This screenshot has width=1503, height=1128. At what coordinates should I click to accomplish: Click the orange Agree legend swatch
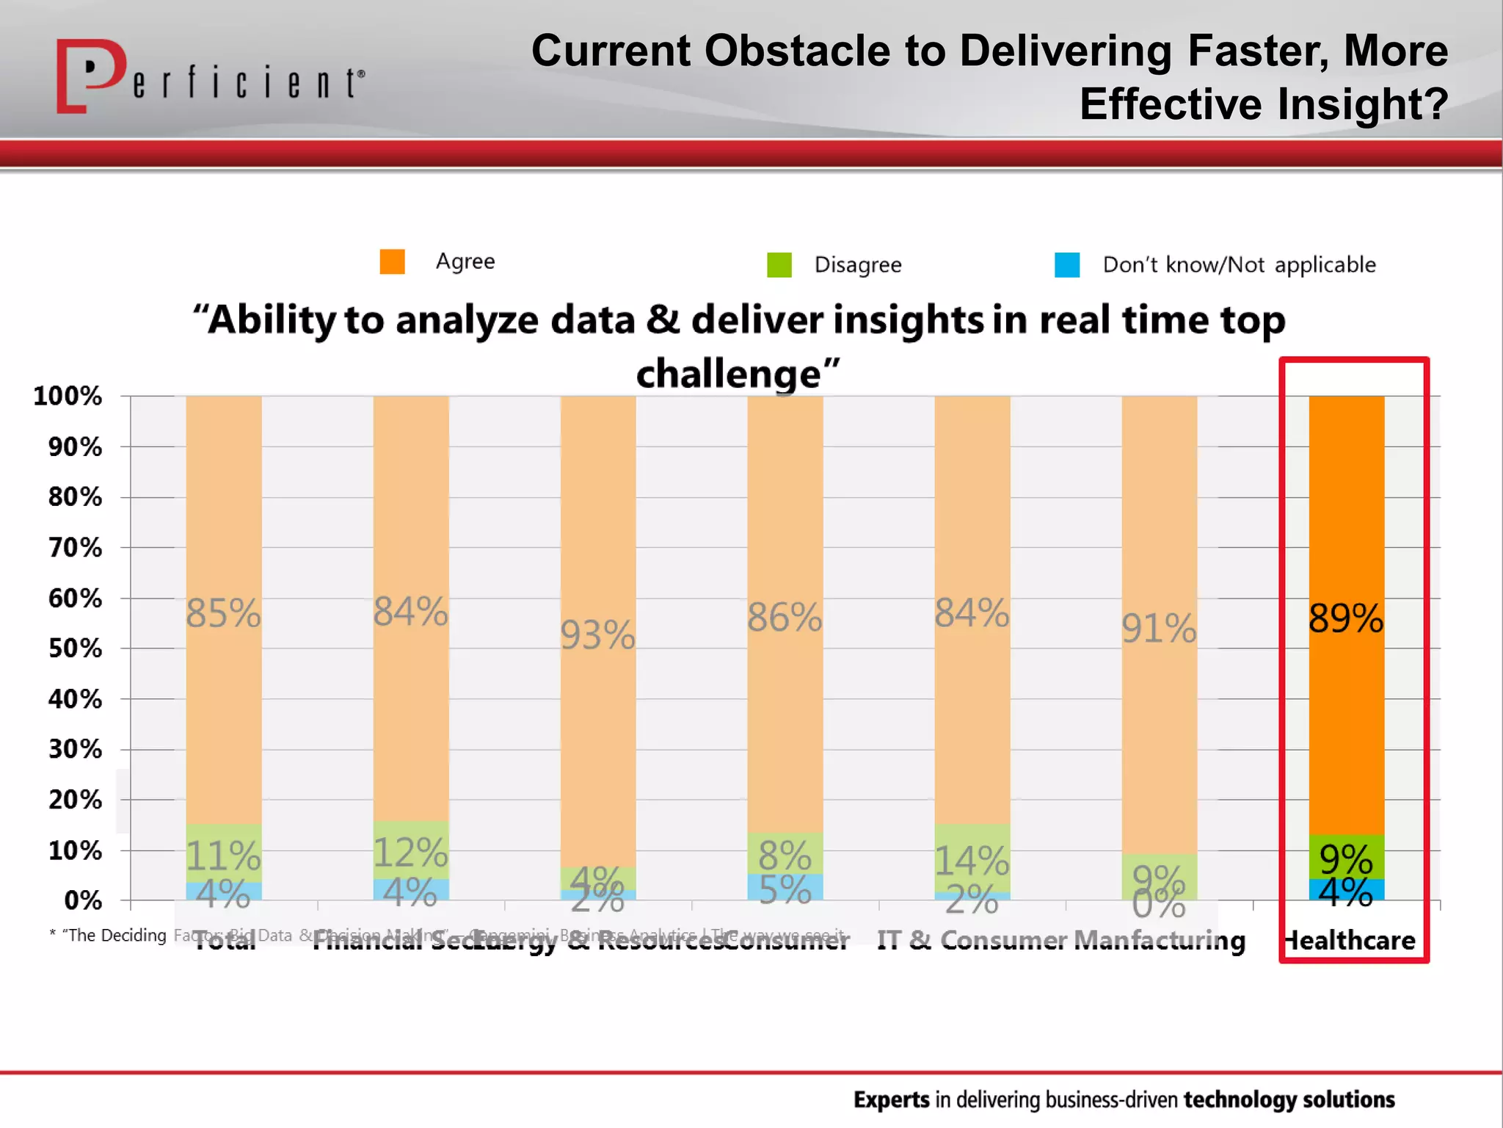coord(392,261)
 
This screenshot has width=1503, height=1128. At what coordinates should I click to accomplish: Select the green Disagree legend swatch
coord(779,264)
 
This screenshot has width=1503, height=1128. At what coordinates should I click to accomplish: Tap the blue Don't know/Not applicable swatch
coord(1066,264)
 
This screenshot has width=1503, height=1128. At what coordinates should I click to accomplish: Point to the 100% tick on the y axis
coord(68,396)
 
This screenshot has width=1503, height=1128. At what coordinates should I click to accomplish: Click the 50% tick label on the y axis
coord(75,648)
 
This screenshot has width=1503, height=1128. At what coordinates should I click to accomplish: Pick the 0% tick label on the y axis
coord(83,900)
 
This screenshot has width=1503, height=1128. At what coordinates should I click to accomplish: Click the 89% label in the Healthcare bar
coord(1346,618)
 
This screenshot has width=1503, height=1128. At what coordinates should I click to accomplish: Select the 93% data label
coord(597,635)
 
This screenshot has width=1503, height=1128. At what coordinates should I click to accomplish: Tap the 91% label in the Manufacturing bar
coord(1159,629)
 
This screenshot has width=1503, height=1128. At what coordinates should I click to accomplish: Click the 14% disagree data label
coord(972,861)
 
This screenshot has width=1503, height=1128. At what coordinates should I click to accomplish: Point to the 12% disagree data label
coord(410,853)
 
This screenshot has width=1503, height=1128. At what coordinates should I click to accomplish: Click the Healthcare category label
coord(1350,941)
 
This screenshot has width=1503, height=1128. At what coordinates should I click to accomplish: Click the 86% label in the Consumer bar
coord(785,617)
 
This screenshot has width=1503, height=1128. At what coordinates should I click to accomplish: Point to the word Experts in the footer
coord(891,1099)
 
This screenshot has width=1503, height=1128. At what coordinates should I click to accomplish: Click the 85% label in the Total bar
coord(223,613)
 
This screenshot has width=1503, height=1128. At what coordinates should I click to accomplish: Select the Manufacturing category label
coord(1160,941)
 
